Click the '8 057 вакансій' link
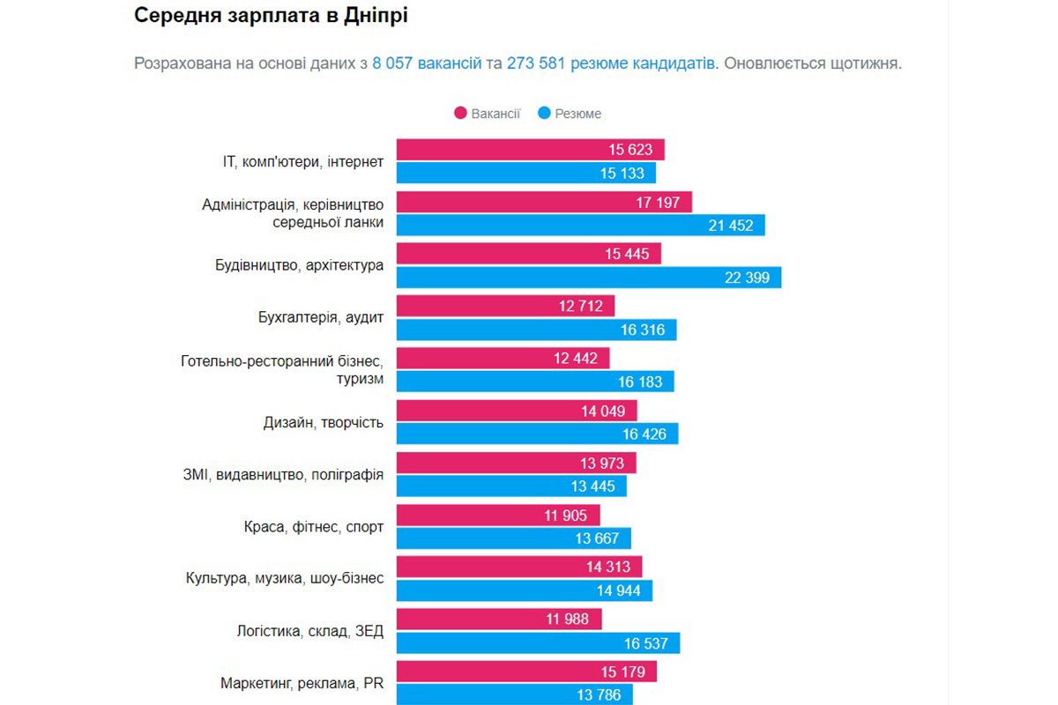(427, 64)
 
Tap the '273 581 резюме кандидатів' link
(610, 64)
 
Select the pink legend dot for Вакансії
(460, 114)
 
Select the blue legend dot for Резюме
(544, 114)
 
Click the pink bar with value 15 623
(530, 150)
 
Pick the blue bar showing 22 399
(588, 278)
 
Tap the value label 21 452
(731, 226)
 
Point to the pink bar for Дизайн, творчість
(516, 411)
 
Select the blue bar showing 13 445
(511, 486)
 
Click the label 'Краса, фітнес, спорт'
(314, 527)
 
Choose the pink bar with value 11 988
(499, 620)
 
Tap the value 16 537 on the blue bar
(646, 643)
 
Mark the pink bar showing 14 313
(519, 567)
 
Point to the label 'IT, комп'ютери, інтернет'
(303, 161)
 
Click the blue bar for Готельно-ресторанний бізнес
(535, 382)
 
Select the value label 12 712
(578, 307)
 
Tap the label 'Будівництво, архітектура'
(300, 265)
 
